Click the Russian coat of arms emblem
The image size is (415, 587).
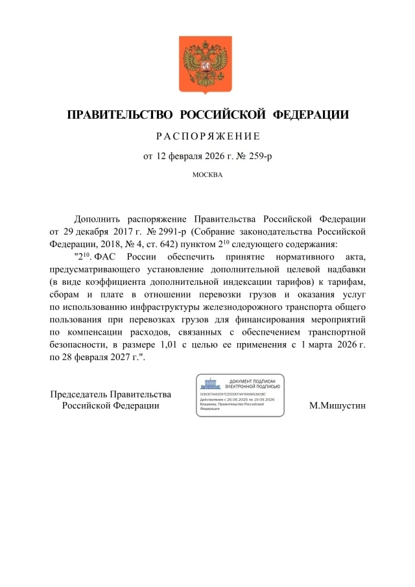pyautogui.click(x=205, y=66)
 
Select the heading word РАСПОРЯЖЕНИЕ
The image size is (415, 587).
pyautogui.click(x=207, y=136)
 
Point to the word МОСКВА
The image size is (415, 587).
pyautogui.click(x=207, y=174)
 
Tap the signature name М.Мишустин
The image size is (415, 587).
pyautogui.click(x=337, y=405)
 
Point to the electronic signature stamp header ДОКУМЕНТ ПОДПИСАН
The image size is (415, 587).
pyautogui.click(x=252, y=381)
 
